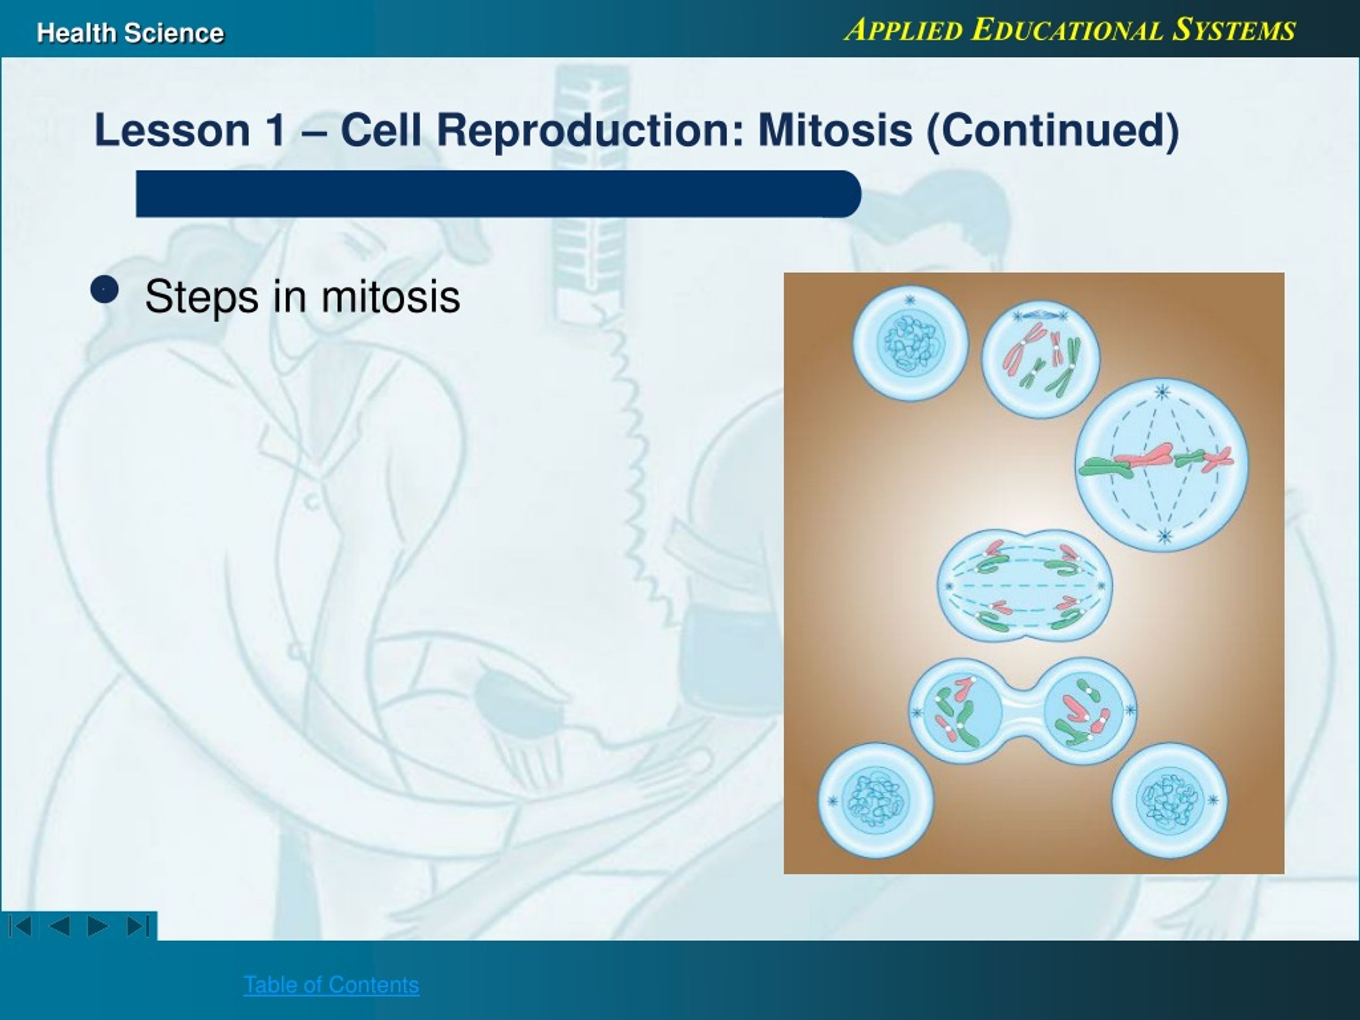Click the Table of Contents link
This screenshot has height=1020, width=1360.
point(331,984)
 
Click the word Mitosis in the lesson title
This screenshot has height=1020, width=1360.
point(835,130)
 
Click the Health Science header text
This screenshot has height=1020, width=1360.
point(130,32)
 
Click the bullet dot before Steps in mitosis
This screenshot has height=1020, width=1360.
point(104,289)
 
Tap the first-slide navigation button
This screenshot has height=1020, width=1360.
point(20,926)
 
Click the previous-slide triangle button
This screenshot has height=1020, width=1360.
point(59,926)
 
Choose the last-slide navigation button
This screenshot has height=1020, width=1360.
point(138,926)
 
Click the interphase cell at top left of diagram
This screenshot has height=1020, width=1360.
point(910,343)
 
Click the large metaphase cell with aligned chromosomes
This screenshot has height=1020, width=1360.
point(1162,465)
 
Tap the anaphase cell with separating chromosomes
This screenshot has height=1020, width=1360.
point(1025,585)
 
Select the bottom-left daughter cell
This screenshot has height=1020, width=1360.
point(875,801)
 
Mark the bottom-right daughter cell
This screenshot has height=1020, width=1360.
point(1169,801)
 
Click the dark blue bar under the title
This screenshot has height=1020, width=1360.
point(498,194)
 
